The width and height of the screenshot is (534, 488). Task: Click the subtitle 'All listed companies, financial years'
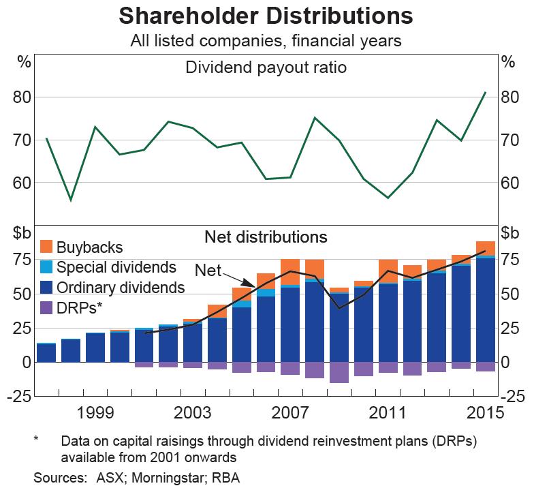(266, 41)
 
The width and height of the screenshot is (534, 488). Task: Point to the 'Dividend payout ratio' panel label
(266, 67)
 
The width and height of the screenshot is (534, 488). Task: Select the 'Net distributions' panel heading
(266, 237)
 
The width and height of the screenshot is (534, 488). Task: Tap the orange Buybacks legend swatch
(47, 246)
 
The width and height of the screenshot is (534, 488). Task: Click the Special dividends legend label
(116, 267)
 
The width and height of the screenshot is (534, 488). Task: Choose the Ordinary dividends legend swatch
(47, 287)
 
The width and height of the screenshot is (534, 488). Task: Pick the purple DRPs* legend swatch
(47, 307)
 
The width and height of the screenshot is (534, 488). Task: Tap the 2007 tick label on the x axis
(291, 413)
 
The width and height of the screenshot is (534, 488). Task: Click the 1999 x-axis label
(95, 413)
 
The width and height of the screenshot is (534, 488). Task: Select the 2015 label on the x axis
(486, 413)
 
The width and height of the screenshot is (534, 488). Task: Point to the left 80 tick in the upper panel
(23, 97)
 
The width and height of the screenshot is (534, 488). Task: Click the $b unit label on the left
(22, 232)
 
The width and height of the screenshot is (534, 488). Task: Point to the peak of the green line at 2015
(485, 93)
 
